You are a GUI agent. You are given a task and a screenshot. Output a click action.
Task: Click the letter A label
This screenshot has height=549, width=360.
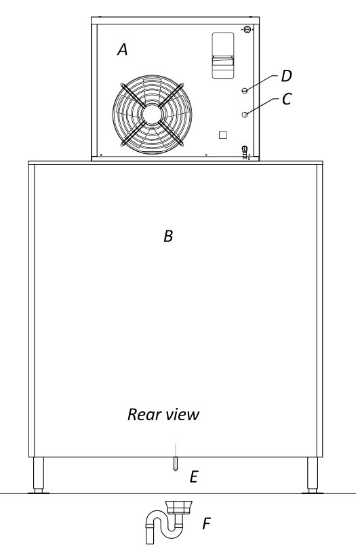(122, 49)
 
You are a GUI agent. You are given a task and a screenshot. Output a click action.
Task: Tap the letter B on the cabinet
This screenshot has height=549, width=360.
(168, 236)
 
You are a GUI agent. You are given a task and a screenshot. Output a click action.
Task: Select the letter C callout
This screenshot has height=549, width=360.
(287, 99)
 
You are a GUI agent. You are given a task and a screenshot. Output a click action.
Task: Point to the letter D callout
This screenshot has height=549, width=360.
(287, 76)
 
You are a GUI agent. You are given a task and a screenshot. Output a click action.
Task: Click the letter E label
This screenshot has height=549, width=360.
(194, 477)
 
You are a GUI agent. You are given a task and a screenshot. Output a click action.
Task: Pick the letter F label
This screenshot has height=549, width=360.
(206, 524)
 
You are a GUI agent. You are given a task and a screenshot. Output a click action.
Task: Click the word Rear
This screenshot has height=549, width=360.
(141, 415)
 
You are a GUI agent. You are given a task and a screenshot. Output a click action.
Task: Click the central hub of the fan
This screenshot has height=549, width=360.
(152, 113)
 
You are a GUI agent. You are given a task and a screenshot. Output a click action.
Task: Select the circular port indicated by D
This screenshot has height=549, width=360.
(245, 91)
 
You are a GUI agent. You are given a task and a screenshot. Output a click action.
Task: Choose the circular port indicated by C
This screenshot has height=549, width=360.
(245, 114)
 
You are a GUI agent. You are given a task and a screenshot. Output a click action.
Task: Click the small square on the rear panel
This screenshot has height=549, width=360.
(223, 135)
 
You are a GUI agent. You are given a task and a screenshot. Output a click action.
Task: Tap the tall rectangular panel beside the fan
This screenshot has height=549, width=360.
(223, 56)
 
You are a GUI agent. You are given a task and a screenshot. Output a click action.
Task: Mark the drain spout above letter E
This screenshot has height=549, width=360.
(176, 464)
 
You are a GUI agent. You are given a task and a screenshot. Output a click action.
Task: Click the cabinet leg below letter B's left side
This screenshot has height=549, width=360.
(39, 474)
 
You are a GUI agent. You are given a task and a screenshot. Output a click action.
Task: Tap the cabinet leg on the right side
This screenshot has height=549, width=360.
(313, 474)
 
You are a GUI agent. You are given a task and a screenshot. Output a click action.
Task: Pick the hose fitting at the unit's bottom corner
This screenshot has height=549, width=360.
(245, 152)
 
